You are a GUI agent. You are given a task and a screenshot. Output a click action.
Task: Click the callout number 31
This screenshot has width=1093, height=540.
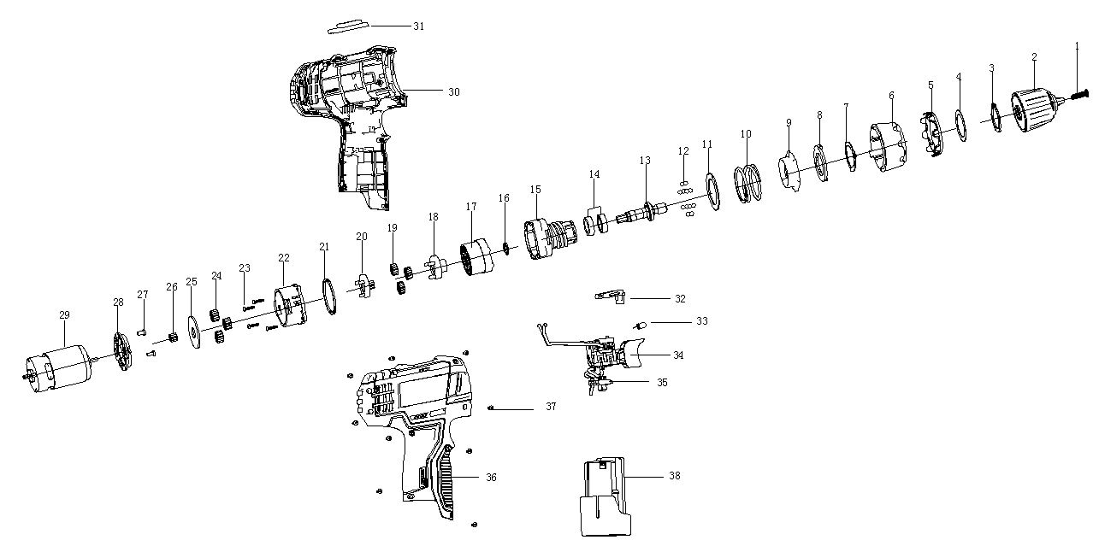tap(419, 26)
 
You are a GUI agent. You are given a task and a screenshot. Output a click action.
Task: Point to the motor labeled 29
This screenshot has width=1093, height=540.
tap(58, 366)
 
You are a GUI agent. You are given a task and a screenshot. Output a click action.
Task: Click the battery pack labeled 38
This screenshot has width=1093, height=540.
tap(604, 496)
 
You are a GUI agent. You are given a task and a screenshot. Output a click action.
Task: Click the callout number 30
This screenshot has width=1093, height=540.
tap(454, 92)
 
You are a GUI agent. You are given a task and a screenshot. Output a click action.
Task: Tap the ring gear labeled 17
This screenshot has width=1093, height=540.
tap(477, 257)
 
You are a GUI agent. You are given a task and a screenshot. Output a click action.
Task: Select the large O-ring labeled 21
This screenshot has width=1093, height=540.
tap(329, 296)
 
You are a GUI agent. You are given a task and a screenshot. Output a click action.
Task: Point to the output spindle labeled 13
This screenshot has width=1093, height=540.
tap(641, 213)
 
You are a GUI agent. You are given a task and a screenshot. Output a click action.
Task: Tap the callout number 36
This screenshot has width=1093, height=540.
tap(491, 478)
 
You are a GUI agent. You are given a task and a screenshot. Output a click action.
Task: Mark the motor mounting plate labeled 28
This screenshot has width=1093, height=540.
tap(123, 351)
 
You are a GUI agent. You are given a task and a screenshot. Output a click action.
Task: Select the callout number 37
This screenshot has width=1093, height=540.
tap(551, 407)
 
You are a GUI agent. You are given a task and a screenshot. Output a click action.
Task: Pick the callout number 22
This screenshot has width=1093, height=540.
tap(283, 258)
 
